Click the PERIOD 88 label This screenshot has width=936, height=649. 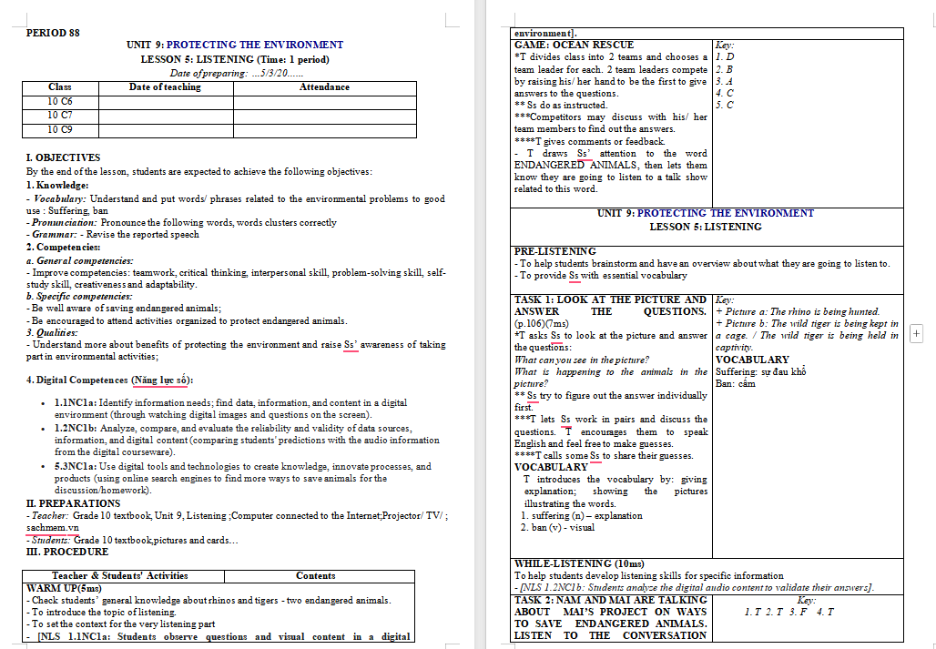tap(53, 33)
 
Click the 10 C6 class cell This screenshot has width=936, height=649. tap(60, 101)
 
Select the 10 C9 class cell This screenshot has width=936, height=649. tap(60, 129)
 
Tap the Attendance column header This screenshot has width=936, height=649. tap(324, 87)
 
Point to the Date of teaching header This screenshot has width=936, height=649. tap(165, 87)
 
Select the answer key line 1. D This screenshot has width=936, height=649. tap(725, 56)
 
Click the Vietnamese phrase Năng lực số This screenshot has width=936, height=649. tap(160, 380)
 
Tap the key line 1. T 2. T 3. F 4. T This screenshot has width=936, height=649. tap(788, 612)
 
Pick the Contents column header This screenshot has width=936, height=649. tap(316, 575)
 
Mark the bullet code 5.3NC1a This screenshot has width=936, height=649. tap(76, 467)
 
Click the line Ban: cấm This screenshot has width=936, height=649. tap(736, 383)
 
